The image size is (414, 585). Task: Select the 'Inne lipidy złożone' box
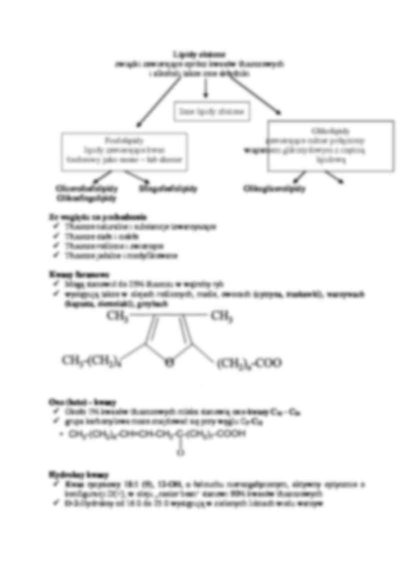pos(211,112)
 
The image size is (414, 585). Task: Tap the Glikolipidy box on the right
pos(330,146)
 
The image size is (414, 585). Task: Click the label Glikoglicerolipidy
pos(274,189)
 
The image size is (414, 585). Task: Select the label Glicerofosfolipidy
pos(87,189)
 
